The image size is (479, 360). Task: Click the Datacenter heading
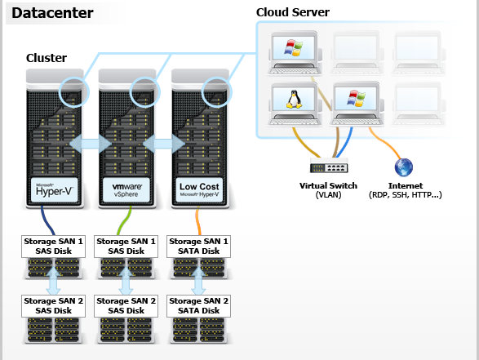click(52, 13)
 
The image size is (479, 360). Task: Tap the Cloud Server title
click(293, 12)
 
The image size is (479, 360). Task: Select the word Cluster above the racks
click(47, 58)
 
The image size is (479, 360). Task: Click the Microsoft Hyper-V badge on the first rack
click(54, 189)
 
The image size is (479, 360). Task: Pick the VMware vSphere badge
click(126, 189)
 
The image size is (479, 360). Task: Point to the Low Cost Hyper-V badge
click(199, 189)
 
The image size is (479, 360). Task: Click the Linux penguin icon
click(294, 99)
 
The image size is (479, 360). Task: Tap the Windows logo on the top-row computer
click(293, 47)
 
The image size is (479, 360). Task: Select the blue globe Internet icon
click(404, 167)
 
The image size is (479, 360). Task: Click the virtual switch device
click(329, 166)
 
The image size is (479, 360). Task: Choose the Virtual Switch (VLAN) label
click(328, 190)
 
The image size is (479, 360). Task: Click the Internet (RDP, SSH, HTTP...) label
click(406, 190)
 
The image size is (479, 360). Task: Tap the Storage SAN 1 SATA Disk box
click(198, 247)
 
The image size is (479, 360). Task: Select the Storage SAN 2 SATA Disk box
click(198, 306)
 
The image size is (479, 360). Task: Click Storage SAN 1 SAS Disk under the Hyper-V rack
click(54, 247)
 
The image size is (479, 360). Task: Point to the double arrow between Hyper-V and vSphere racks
click(91, 144)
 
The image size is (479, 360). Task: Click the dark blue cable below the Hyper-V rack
click(47, 220)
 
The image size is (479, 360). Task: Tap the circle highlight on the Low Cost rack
click(216, 92)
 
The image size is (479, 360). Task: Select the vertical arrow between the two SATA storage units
click(198, 281)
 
